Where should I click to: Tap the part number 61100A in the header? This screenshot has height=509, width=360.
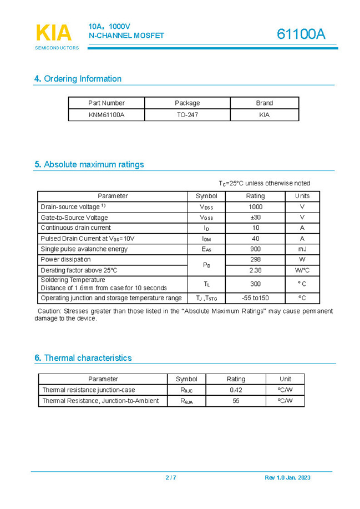point(301,34)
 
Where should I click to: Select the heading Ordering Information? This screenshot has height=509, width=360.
point(78,79)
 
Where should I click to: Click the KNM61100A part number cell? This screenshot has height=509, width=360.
point(107,115)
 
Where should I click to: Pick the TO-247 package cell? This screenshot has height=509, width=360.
point(187,115)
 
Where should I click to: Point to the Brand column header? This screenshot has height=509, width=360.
point(264,103)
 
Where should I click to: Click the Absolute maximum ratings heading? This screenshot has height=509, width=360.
point(89,164)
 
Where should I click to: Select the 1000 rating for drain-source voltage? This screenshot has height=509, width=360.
point(255,206)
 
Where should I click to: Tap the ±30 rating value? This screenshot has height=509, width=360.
point(255,217)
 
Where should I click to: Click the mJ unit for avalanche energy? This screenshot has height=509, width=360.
point(302,249)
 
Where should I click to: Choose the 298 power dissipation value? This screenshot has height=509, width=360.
point(255,259)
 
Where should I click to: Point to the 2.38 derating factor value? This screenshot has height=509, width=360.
point(255,270)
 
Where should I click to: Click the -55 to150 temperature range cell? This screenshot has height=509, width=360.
point(255,298)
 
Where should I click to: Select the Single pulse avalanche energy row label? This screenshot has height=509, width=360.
point(84,249)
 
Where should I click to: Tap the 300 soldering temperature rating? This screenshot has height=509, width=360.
point(255,284)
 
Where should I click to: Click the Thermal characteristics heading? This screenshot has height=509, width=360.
point(83,358)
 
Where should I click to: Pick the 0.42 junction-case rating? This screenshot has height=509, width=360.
point(236,390)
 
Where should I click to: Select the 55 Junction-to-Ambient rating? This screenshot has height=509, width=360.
point(236,400)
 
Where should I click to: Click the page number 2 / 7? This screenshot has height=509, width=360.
point(171,478)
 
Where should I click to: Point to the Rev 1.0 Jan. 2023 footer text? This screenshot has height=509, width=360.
point(287,478)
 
